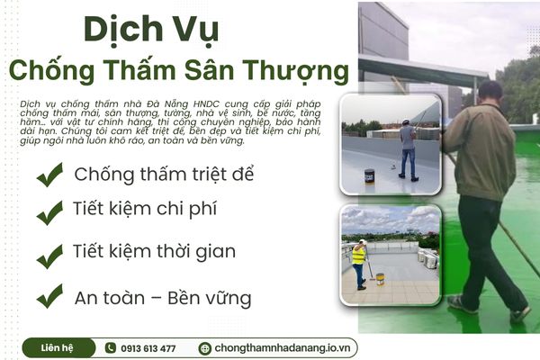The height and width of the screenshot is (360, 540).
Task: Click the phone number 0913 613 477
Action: tap(148, 348)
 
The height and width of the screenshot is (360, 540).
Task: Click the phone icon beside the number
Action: tap(110, 348)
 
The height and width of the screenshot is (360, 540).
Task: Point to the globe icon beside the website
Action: tap(205, 348)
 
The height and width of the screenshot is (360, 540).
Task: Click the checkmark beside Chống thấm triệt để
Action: tap(49, 175)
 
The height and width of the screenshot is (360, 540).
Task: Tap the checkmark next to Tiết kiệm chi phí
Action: tap(49, 214)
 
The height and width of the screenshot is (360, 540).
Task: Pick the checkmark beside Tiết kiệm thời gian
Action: tap(49, 256)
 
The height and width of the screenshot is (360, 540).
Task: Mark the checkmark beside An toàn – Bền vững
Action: tap(49, 295)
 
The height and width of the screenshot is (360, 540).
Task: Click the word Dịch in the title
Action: tap(116, 30)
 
